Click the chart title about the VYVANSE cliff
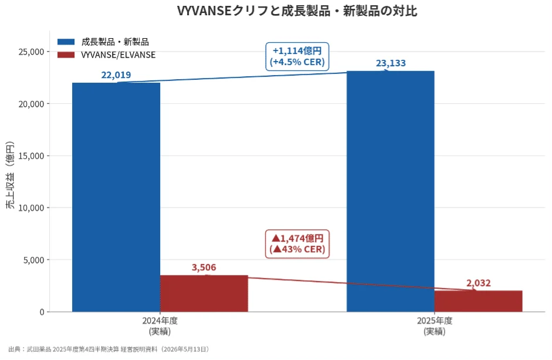[297, 11]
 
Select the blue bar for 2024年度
[116, 197]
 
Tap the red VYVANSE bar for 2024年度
[204, 294]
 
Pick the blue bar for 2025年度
[391, 192]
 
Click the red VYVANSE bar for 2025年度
[479, 301]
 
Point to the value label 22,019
[116, 75]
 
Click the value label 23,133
[391, 63]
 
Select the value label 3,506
[204, 267]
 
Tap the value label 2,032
[479, 283]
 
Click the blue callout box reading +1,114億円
[297, 57]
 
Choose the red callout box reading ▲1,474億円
[297, 244]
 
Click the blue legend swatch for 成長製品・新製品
[66, 42]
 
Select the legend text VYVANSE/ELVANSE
[118, 55]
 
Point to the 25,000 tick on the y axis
[31, 52]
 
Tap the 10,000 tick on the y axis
[31, 208]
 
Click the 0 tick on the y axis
[42, 312]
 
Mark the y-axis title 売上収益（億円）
[10, 175]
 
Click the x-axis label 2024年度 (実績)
[160, 326]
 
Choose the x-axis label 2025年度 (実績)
[435, 326]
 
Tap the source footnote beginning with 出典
[109, 349]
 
